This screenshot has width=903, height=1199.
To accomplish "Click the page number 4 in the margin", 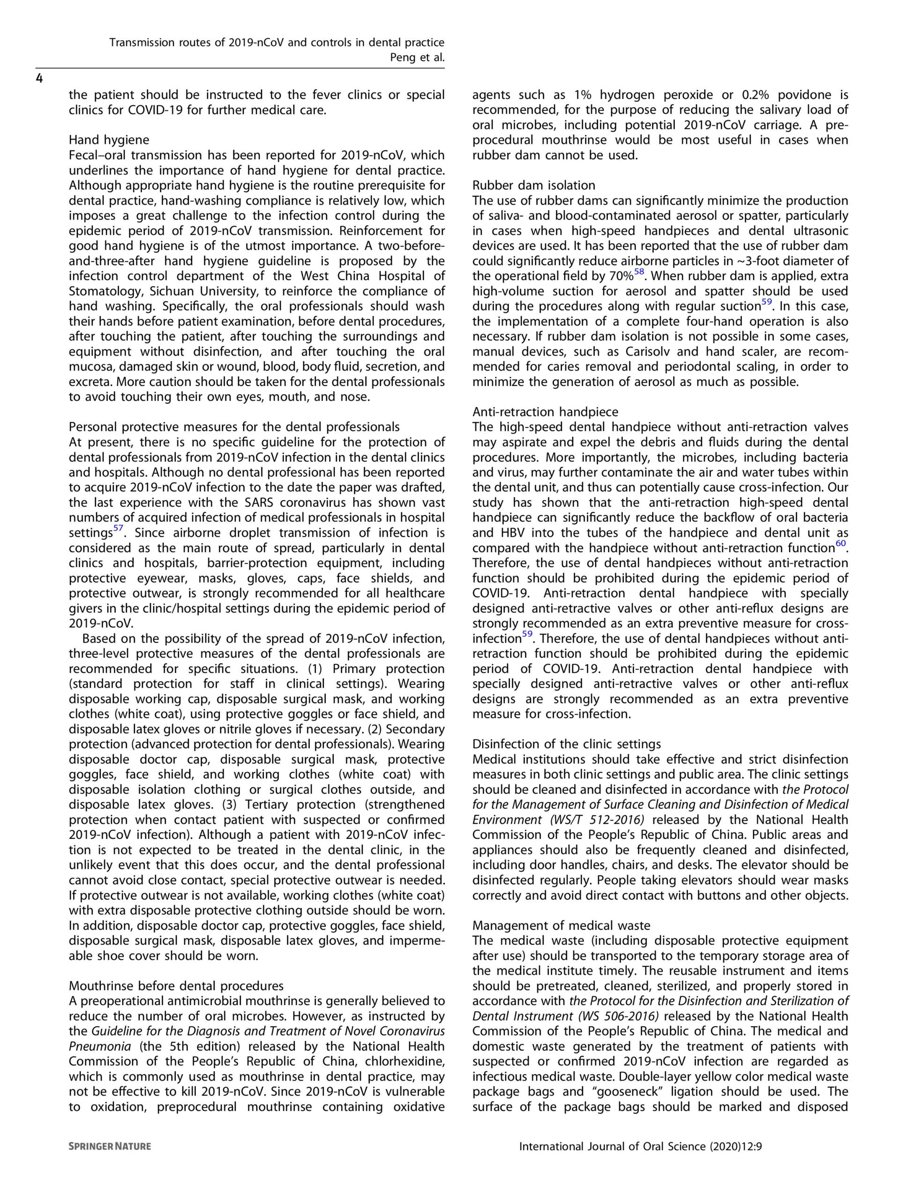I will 39,79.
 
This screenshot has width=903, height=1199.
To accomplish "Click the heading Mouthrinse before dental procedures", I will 176,985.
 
